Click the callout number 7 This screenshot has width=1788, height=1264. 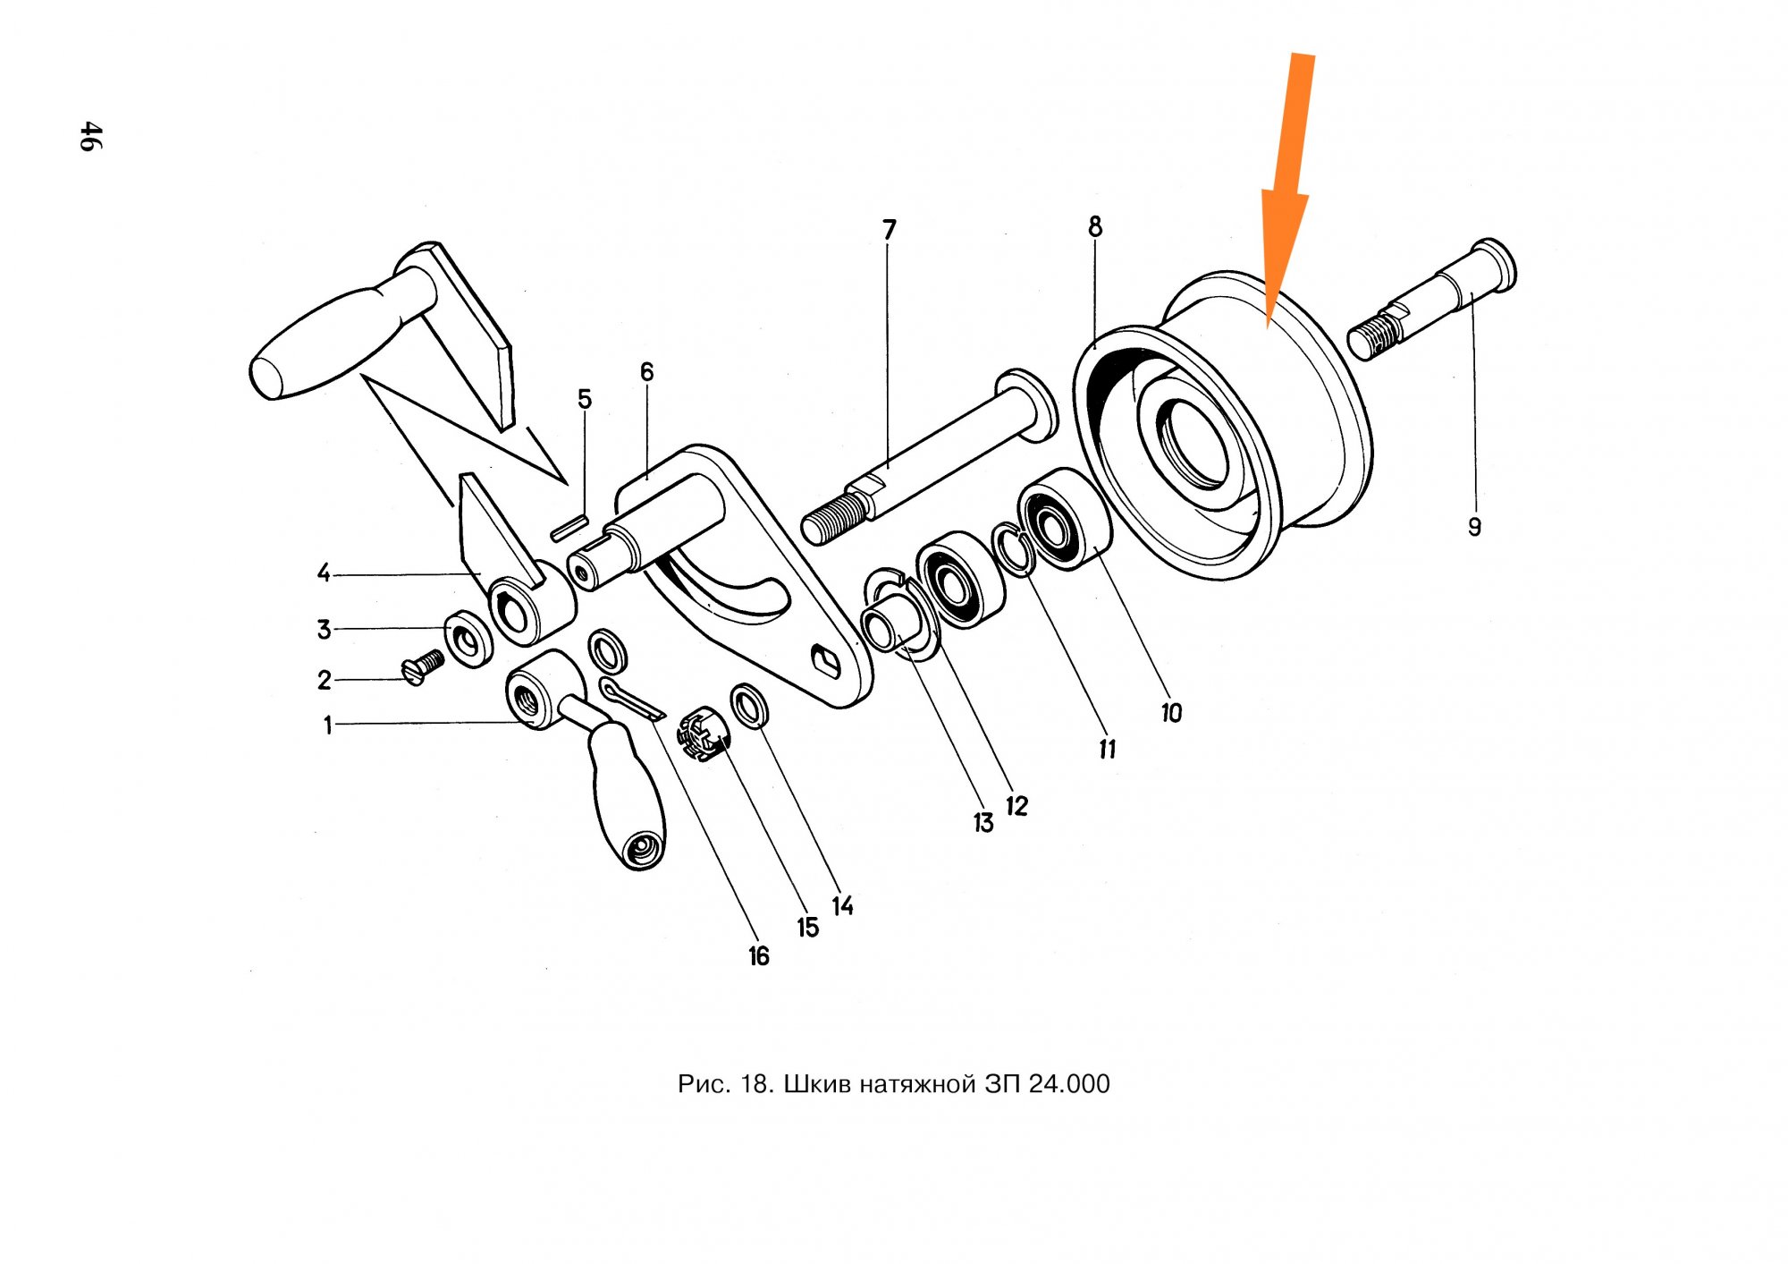pyautogui.click(x=889, y=230)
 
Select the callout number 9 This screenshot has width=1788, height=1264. pyautogui.click(x=1474, y=527)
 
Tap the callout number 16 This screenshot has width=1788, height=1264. pyautogui.click(x=758, y=956)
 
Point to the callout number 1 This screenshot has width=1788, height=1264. pyautogui.click(x=328, y=725)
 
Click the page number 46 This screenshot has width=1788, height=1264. pyautogui.click(x=90, y=137)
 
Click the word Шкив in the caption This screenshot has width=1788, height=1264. pyautogui.click(x=821, y=1084)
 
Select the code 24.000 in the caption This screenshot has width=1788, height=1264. pyautogui.click(x=1068, y=1084)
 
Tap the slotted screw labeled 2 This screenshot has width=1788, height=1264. pyautogui.click(x=423, y=666)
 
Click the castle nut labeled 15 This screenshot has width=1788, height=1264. pyautogui.click(x=704, y=733)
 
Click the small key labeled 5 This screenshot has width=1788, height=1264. pyautogui.click(x=569, y=527)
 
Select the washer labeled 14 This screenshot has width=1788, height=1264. pyautogui.click(x=751, y=706)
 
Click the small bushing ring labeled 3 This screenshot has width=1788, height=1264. pyautogui.click(x=468, y=638)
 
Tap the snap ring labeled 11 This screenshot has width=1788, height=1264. pyautogui.click(x=1013, y=548)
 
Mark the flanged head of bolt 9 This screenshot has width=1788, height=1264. pyautogui.click(x=1493, y=263)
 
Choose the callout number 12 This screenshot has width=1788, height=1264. pyautogui.click(x=1016, y=806)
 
